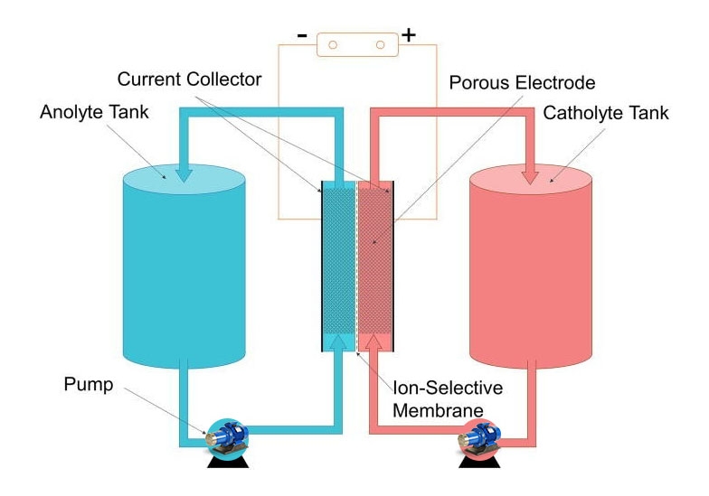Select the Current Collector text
pos(190,80)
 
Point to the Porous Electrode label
pos(523,83)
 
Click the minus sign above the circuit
pos(302,36)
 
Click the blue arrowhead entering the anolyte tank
pos(184,173)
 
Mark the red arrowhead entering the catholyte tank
pos(531,173)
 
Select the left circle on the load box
pos(332,43)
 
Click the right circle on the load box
pos(381,43)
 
